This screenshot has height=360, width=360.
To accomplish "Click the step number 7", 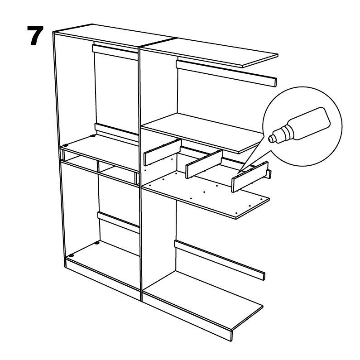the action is [35, 36].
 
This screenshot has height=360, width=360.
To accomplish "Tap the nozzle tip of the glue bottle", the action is [270, 139].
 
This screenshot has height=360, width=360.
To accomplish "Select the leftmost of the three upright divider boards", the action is [162, 153].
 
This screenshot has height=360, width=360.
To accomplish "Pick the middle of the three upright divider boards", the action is [204, 164].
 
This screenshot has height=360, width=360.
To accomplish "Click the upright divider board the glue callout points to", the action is [250, 177].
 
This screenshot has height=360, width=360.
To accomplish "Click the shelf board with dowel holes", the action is [206, 194].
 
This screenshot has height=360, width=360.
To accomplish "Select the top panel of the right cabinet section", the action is [209, 53].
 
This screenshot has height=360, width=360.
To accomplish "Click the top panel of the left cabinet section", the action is [115, 38].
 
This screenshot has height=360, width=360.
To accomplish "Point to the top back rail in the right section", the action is [226, 73].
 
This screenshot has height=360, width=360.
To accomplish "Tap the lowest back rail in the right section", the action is [219, 259].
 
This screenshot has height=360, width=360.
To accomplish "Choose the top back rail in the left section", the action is [115, 53].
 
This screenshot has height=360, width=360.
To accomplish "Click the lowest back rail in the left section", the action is [119, 222].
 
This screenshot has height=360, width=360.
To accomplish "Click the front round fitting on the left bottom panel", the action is [72, 255].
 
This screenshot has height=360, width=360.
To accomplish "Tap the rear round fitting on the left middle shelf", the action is [93, 136].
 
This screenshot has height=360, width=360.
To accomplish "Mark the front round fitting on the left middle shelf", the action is [66, 145].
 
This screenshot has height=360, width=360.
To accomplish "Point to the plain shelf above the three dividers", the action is [202, 133].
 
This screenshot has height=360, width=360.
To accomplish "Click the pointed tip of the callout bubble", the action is [238, 173].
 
